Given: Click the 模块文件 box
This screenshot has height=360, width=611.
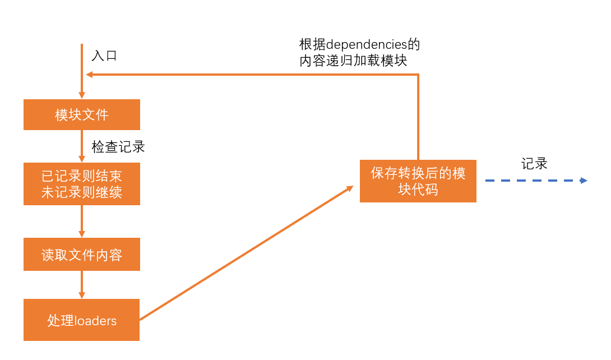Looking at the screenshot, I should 82,115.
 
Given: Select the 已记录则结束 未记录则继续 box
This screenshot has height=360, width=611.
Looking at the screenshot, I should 82,184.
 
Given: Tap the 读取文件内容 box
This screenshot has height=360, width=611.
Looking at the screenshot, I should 82,255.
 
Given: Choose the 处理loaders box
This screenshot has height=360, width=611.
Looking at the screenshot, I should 82,320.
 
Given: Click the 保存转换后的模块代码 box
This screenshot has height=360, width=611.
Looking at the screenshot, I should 418,181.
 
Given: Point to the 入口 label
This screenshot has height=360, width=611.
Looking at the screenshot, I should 104,56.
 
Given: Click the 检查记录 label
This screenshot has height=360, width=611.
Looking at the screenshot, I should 118,147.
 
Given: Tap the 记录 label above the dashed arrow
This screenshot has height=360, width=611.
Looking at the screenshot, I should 534,164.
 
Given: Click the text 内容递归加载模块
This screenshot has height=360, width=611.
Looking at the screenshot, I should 353,61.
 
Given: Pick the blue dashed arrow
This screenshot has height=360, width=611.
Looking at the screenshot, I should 533,181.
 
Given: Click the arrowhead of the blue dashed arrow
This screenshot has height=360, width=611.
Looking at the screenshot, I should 584,181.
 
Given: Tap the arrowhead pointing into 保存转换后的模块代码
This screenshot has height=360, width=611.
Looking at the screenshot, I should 350,188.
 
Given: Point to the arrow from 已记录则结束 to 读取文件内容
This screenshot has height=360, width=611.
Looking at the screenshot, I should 82,221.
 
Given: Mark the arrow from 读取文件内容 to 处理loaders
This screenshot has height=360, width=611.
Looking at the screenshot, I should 82,285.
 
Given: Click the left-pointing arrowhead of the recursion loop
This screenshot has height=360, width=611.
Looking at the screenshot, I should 89,75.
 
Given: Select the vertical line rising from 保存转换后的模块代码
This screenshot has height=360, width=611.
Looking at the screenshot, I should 418,118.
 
